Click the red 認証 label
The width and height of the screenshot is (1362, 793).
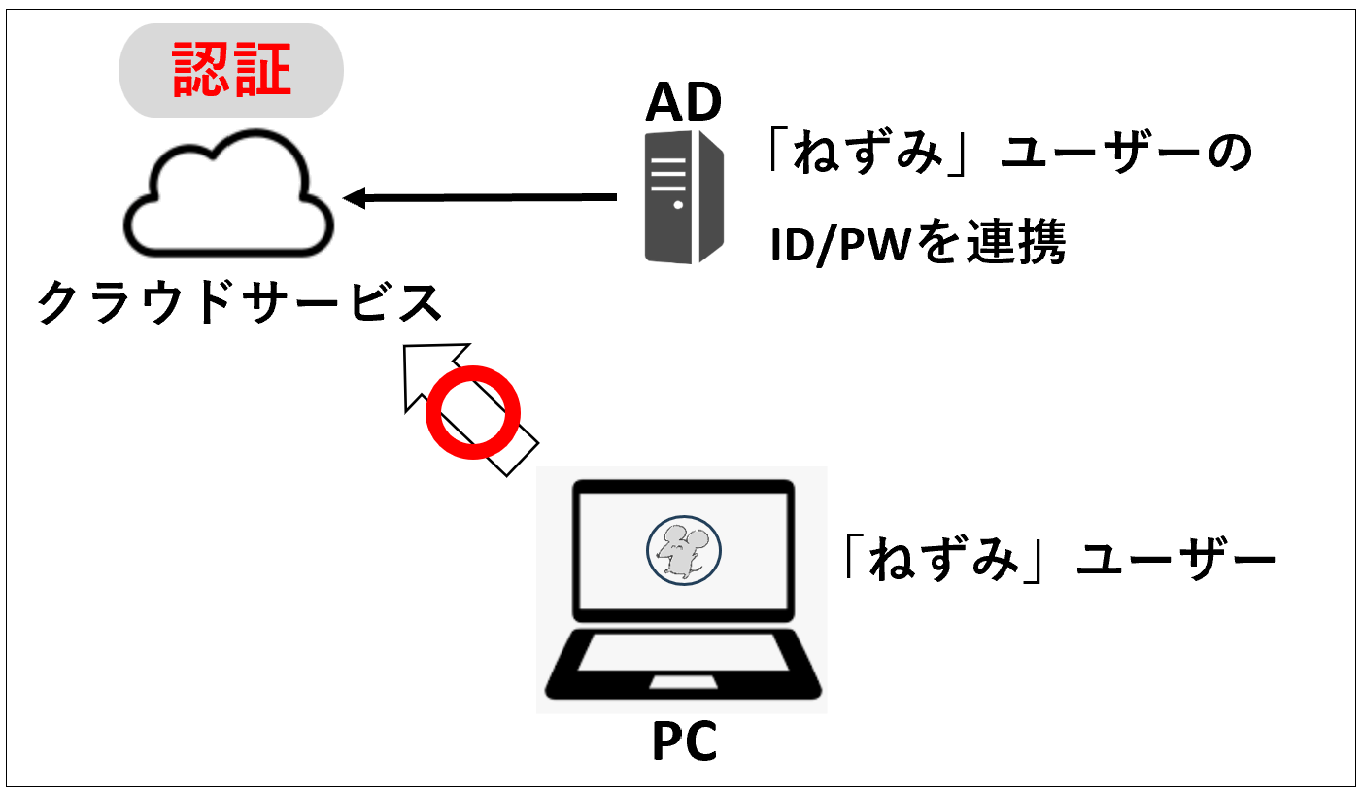point(231,69)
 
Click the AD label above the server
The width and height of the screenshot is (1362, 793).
point(684,101)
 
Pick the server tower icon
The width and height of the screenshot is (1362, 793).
point(684,197)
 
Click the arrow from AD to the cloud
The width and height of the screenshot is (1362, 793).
point(486,198)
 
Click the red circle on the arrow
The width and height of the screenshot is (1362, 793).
point(474,411)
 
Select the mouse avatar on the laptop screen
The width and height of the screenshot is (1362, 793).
point(684,549)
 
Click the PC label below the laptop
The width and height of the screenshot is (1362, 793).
point(683,743)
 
